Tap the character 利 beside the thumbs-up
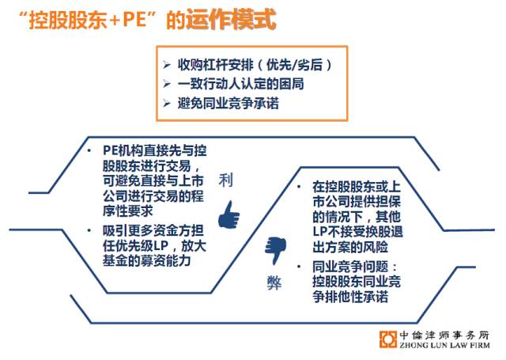click(225, 180)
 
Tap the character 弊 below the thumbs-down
click(274, 282)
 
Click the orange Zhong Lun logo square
click(388, 339)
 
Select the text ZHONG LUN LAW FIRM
click(444, 345)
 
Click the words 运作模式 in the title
click(231, 20)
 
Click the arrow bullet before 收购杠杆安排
click(167, 65)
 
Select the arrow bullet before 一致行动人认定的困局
click(167, 84)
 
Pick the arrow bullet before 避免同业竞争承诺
click(167, 104)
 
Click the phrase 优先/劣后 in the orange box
click(295, 65)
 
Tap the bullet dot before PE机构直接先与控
click(89, 150)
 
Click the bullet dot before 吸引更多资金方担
click(89, 230)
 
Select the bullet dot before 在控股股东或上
click(299, 187)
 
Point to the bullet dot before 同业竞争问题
click(299, 267)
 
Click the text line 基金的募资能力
click(147, 261)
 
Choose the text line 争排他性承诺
click(350, 297)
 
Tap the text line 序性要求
click(128, 211)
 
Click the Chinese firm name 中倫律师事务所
click(444, 335)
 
